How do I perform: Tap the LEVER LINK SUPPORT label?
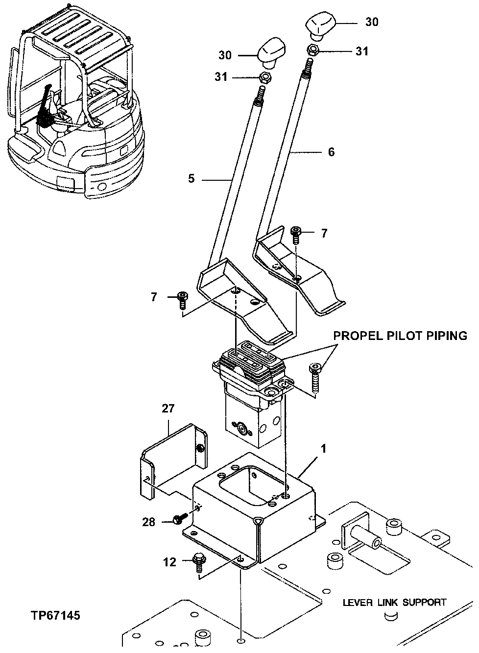[x=394, y=602]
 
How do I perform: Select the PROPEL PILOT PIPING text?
[x=400, y=336]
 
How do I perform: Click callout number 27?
[x=168, y=409]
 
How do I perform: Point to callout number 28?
[x=148, y=522]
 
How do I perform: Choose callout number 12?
[x=169, y=562]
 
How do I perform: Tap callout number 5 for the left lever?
[x=191, y=179]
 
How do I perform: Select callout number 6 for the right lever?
[x=331, y=152]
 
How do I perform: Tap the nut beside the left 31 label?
[x=265, y=77]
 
